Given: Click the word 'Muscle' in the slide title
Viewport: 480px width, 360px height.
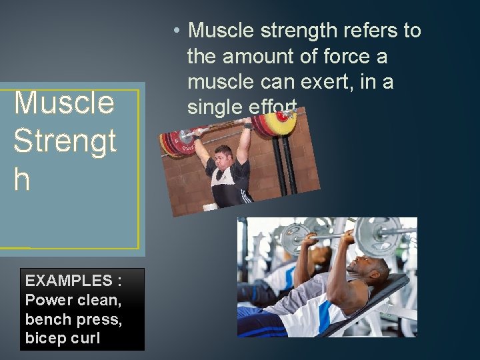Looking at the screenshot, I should pyautogui.click(x=64, y=103).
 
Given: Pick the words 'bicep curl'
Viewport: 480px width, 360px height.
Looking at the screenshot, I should pyautogui.click(x=62, y=338).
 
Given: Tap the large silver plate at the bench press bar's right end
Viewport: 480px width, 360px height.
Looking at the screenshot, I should pyautogui.click(x=377, y=234).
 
